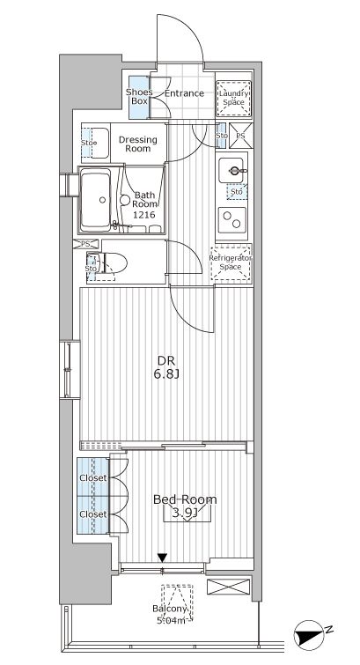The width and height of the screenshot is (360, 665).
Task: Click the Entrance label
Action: point(184,93)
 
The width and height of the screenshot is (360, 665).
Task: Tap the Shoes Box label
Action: point(136,97)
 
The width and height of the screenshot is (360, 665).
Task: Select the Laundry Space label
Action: point(233,98)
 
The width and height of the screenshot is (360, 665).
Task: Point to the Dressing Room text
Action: point(138,144)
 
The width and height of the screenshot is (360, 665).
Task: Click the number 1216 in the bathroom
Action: point(143,215)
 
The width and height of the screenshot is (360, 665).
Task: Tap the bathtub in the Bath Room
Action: point(96,200)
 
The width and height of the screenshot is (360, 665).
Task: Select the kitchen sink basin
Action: point(231,171)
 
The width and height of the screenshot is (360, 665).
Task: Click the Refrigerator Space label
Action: point(231,262)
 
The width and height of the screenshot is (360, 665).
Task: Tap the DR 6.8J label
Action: point(166,367)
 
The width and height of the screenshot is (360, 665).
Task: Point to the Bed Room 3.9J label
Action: point(185,506)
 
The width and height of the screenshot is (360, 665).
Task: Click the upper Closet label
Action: point(93,478)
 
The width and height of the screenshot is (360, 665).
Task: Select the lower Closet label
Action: point(93,514)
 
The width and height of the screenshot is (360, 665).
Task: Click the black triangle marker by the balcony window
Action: point(162,558)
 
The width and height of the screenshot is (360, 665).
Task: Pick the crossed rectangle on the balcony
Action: point(229,587)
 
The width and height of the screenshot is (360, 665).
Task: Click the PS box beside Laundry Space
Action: point(240,136)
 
